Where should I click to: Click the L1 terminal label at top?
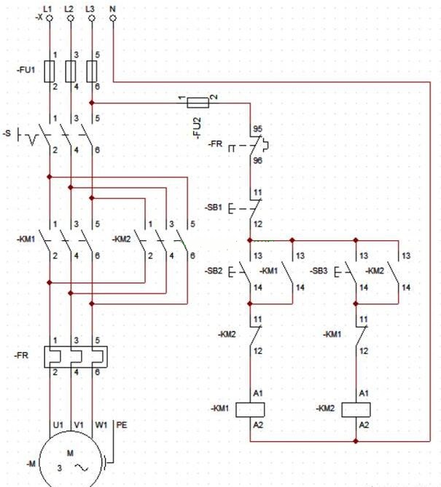click(48, 7)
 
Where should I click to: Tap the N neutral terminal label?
click(112, 7)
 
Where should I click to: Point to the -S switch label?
click(7, 134)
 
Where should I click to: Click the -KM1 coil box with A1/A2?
click(250, 408)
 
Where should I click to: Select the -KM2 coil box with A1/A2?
click(356, 408)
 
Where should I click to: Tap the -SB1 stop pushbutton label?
click(215, 207)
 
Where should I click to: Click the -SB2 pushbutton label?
click(215, 271)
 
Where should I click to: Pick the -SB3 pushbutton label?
click(319, 271)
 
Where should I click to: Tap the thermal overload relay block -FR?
click(71, 356)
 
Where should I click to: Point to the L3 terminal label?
click(90, 7)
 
